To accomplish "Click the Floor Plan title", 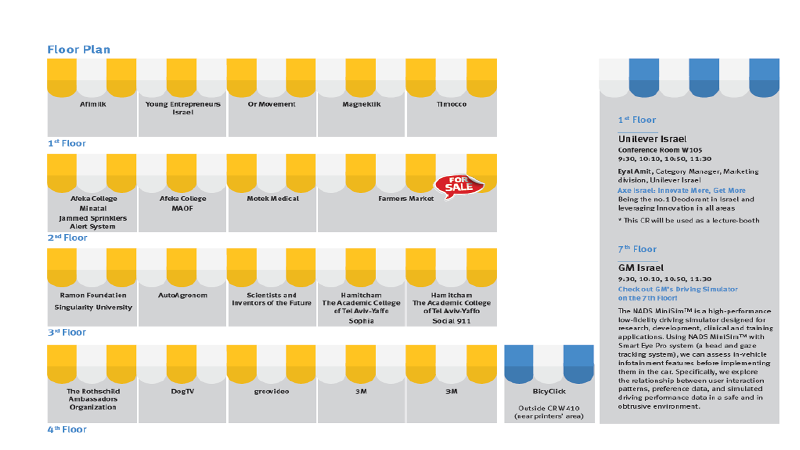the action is pyautogui.click(x=79, y=49).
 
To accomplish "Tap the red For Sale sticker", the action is pyautogui.click(x=459, y=186).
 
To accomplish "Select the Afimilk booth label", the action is pyautogui.click(x=93, y=104).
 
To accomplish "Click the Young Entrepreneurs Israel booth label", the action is pyautogui.click(x=183, y=108).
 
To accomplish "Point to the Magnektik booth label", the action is pyautogui.click(x=361, y=104).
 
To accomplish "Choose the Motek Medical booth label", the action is pyautogui.click(x=272, y=198).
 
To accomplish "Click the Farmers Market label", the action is pyautogui.click(x=406, y=198).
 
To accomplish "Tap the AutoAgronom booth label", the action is pyautogui.click(x=183, y=295).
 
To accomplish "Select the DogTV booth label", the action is pyautogui.click(x=183, y=391).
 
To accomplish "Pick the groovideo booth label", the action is pyautogui.click(x=271, y=391).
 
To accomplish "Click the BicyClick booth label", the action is pyautogui.click(x=549, y=391).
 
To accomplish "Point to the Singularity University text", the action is pyautogui.click(x=93, y=307).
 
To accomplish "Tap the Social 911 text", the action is pyautogui.click(x=451, y=321).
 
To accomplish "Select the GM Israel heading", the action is pyautogui.click(x=641, y=268).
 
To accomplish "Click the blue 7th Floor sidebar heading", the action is pyautogui.click(x=637, y=249).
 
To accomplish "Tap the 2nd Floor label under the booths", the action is pyautogui.click(x=67, y=238).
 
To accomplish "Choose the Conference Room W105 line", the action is pyautogui.click(x=660, y=150).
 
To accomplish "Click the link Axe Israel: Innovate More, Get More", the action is pyautogui.click(x=681, y=190).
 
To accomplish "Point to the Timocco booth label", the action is pyautogui.click(x=451, y=104).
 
